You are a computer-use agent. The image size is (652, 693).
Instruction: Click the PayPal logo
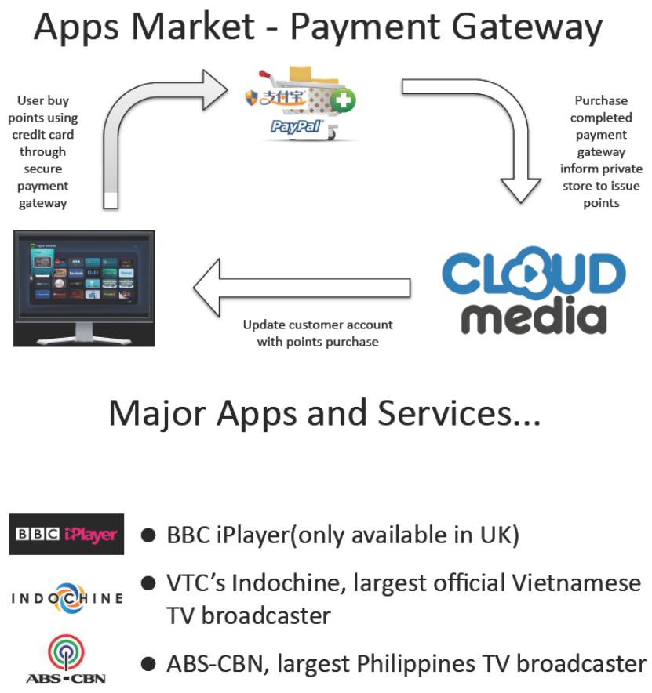pyautogui.click(x=297, y=126)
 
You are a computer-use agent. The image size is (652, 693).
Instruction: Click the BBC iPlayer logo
pyautogui.click(x=67, y=535)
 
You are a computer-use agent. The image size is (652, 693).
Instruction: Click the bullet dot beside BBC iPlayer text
pyautogui.click(x=148, y=535)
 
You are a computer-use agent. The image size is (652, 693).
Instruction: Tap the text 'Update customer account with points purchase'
pyautogui.click(x=318, y=333)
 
